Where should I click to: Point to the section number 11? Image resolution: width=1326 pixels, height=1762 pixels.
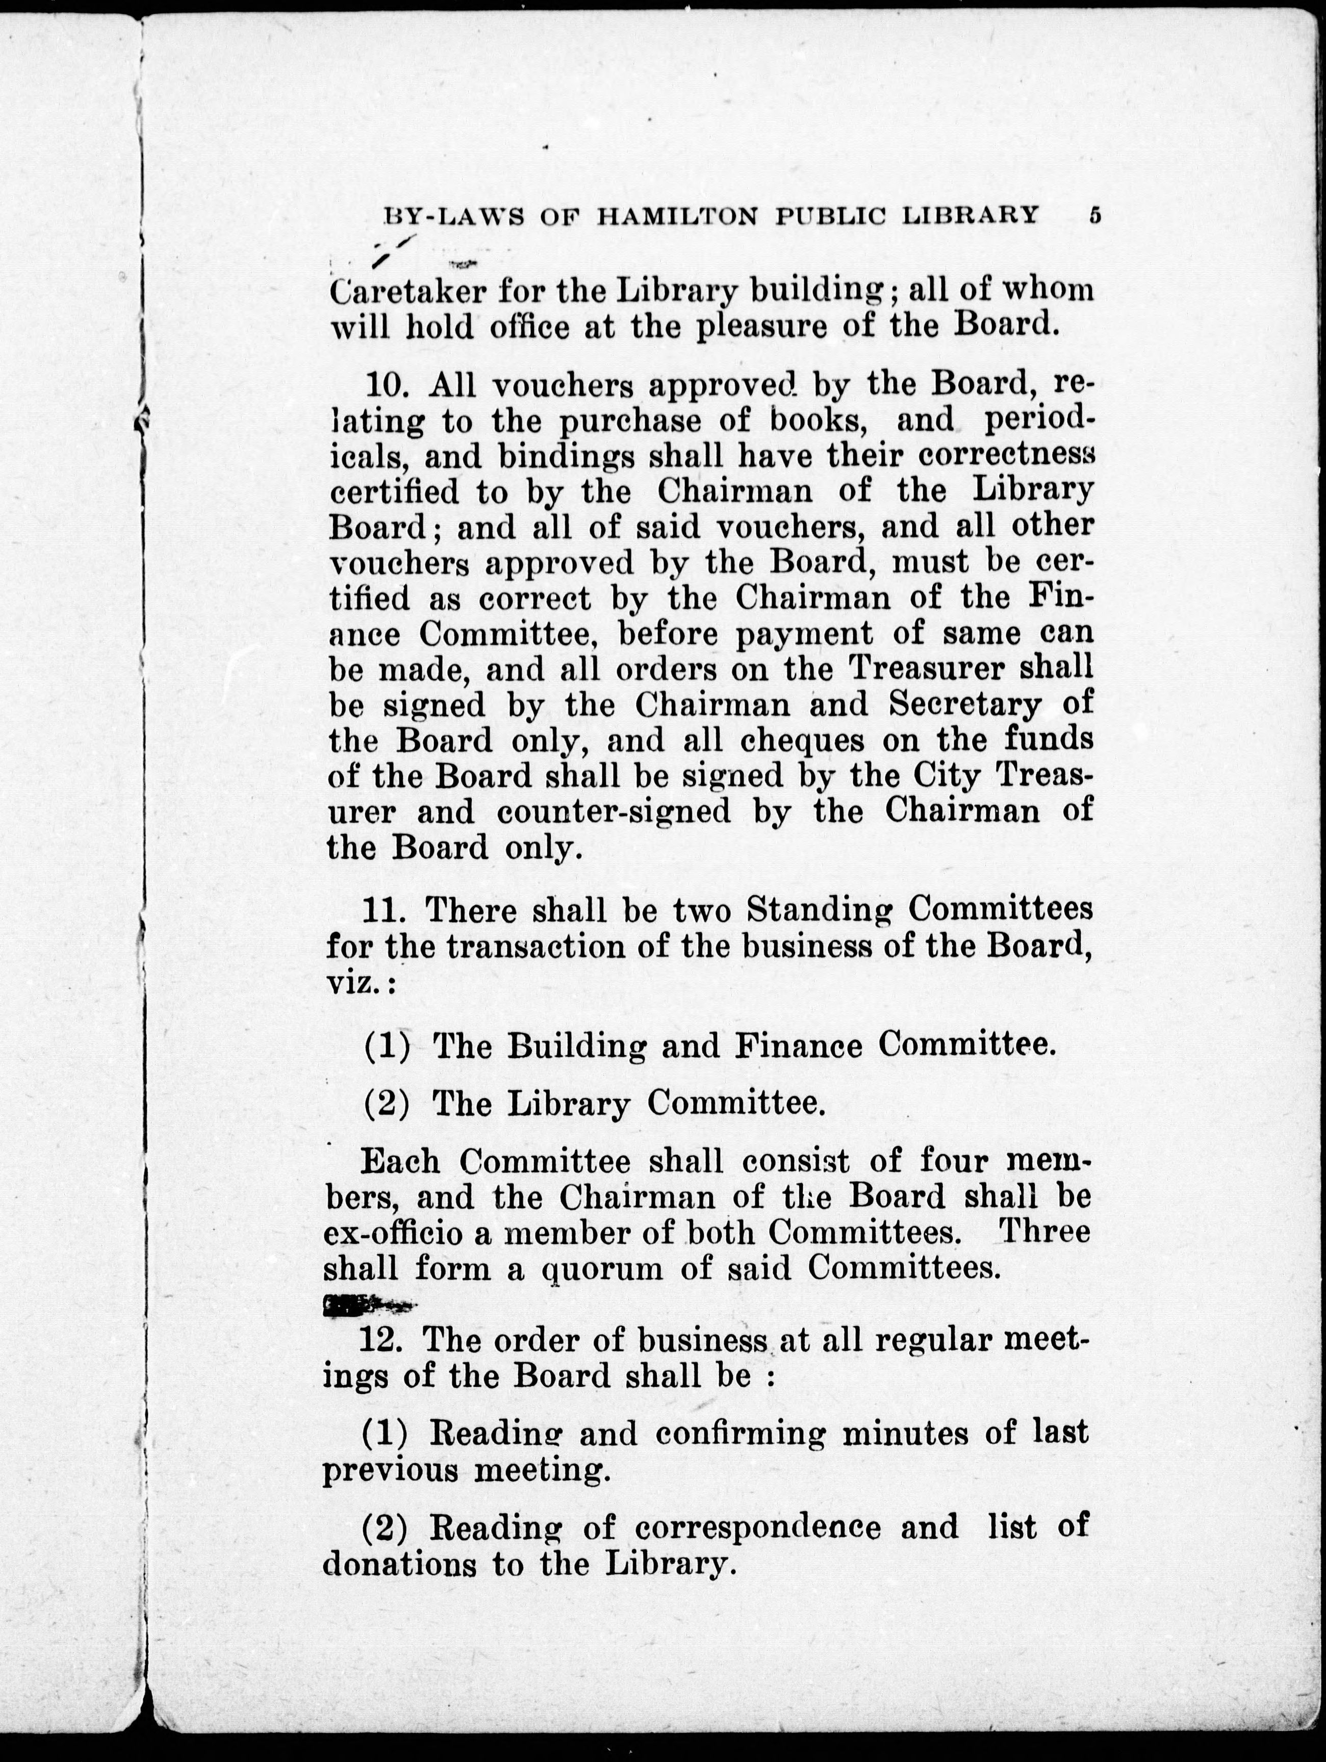pyautogui.click(x=386, y=910)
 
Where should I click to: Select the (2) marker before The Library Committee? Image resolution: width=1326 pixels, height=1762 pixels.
pyautogui.click(x=387, y=1104)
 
